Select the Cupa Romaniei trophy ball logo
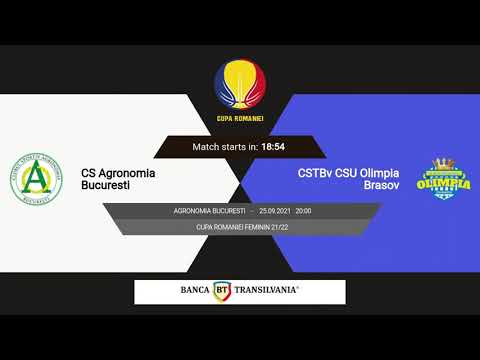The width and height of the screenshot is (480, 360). [x=240, y=85]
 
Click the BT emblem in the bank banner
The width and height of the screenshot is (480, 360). [x=223, y=291]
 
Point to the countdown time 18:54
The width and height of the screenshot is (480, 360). [x=273, y=147]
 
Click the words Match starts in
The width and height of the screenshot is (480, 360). [x=225, y=147]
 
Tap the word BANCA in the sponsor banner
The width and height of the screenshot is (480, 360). [x=195, y=291]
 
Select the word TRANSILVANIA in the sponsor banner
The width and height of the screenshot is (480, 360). [x=266, y=291]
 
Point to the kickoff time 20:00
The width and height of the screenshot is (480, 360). [x=303, y=212]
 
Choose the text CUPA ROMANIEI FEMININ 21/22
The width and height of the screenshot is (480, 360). [x=240, y=228]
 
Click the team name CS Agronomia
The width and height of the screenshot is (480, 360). [x=118, y=172]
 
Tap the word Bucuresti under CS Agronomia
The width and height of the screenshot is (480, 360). [x=106, y=185]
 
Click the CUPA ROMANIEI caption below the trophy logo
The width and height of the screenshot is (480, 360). [x=240, y=119]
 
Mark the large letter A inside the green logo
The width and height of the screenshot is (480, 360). [x=40, y=180]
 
